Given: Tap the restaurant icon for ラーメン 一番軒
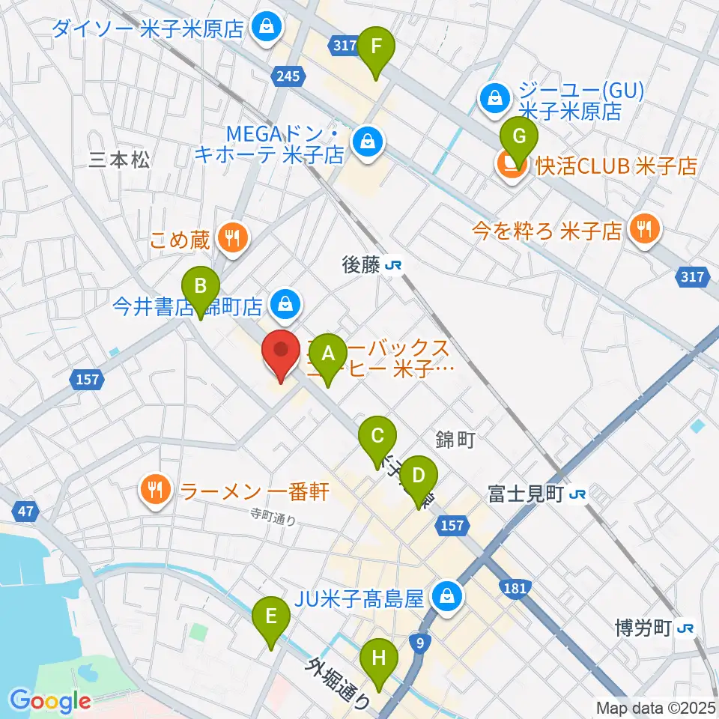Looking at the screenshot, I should tap(156, 491).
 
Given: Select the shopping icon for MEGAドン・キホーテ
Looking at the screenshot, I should tap(368, 139).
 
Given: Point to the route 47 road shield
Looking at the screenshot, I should tap(25, 512).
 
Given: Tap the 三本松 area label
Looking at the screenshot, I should tap(120, 160).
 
